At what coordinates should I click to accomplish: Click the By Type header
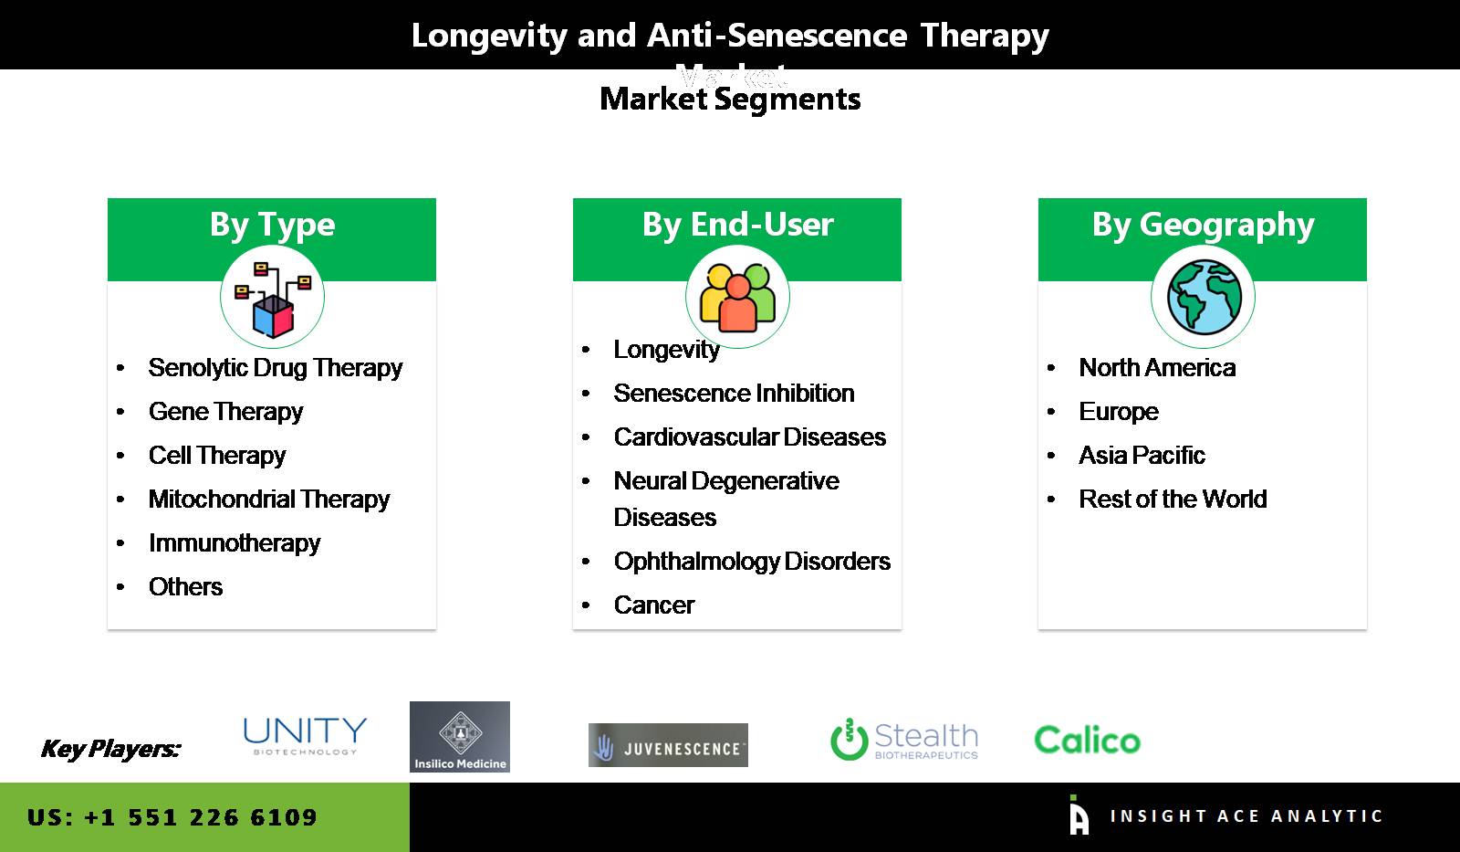click(272, 225)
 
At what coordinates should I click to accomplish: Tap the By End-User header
click(737, 225)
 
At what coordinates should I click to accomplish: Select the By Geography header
click(1203, 225)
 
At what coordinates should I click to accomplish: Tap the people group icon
click(737, 298)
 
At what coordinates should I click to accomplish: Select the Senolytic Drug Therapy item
click(275, 368)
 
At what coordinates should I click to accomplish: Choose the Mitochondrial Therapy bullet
click(268, 500)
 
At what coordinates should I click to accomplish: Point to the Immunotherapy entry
click(234, 543)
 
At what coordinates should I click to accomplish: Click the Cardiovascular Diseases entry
click(749, 437)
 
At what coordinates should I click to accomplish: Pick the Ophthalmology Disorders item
click(751, 562)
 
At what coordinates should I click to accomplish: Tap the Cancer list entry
click(653, 605)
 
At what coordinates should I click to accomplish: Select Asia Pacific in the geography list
click(1141, 456)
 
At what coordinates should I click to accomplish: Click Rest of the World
click(1172, 500)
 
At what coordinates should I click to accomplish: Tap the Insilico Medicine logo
click(460, 737)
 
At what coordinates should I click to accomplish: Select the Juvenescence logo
click(668, 745)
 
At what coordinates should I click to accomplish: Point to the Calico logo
click(1087, 740)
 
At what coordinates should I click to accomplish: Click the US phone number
click(172, 817)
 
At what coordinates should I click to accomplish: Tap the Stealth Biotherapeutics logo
click(903, 740)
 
